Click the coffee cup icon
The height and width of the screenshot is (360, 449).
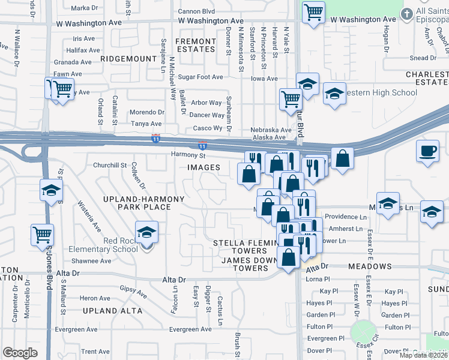point(428,151)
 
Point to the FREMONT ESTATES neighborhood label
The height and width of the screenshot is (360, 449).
point(195,46)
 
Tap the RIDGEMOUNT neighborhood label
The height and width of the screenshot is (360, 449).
point(129,59)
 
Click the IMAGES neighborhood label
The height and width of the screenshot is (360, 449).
point(203,167)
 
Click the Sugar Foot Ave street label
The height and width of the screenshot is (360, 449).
point(200,77)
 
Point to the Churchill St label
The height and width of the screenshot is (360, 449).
point(109,165)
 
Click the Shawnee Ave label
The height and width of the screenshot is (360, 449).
point(91,261)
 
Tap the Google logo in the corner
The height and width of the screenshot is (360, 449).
point(20,353)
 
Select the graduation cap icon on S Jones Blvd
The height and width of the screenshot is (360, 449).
point(51,191)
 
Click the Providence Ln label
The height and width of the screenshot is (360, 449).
point(346,217)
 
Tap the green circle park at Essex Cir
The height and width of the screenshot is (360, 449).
point(363,331)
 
